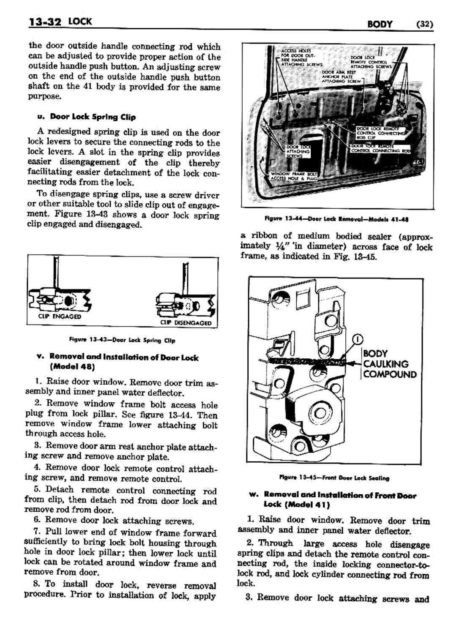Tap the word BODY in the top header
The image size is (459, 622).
[380, 24]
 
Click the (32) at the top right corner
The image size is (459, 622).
[424, 24]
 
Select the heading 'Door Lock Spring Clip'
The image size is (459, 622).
[93, 117]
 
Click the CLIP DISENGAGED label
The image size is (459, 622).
[186, 323]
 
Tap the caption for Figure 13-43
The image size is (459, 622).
[122, 340]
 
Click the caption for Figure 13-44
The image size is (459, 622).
[336, 219]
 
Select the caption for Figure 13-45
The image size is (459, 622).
[334, 478]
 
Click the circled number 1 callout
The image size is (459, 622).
[358, 338]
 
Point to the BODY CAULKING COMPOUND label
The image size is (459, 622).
[389, 364]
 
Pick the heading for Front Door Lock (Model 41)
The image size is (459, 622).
[339, 499]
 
